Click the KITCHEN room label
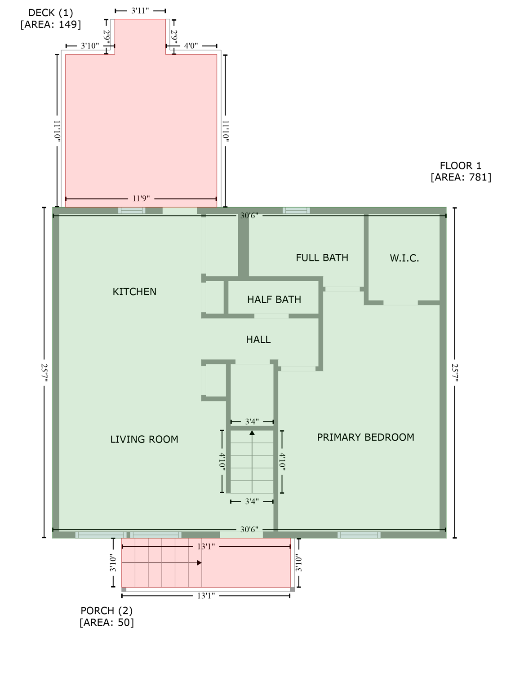click(x=134, y=292)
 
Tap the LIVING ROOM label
click(x=144, y=439)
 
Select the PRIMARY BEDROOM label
click(x=365, y=438)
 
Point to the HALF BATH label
click(x=274, y=300)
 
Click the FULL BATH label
click(x=322, y=258)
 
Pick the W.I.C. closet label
click(x=404, y=258)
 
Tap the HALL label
click(x=258, y=340)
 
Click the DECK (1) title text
click(x=50, y=13)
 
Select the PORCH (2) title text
click(x=107, y=611)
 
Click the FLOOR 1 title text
click(x=461, y=166)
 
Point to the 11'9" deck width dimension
click(x=141, y=199)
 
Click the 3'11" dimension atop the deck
click(x=140, y=11)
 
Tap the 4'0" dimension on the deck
click(x=191, y=46)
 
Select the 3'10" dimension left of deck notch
click(x=90, y=46)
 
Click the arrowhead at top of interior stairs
click(x=252, y=433)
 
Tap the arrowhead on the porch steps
click(x=199, y=563)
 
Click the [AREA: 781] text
click(x=461, y=177)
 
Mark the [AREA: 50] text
click(x=107, y=623)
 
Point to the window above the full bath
click(x=296, y=210)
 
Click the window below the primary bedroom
click(x=359, y=535)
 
